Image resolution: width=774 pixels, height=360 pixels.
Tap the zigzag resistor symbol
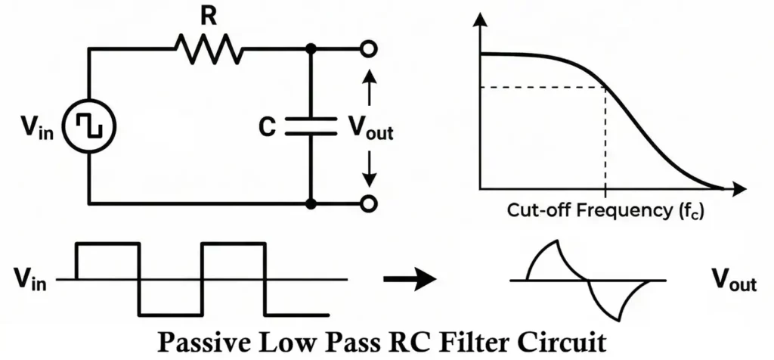click(209, 50)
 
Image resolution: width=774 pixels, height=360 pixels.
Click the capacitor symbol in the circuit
click(310, 127)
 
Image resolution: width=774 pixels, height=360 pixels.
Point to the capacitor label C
click(266, 127)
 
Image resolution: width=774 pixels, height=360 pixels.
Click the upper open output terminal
click(368, 50)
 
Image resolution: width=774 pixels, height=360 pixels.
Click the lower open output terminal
click(368, 203)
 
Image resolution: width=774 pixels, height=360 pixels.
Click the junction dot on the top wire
click(310, 50)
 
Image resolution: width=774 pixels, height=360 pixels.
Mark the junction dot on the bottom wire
click(310, 203)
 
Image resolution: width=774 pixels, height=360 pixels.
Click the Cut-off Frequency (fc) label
click(605, 210)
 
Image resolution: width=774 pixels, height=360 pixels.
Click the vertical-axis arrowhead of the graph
click(478, 22)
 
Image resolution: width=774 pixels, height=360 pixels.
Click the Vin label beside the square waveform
click(29, 281)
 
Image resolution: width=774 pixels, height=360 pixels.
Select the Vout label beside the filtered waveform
click(732, 281)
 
